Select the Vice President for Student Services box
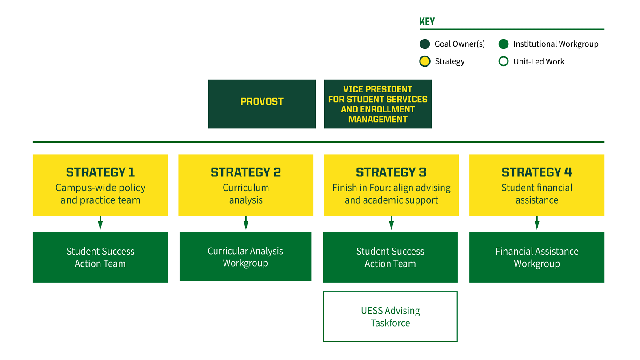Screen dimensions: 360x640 [x=378, y=104]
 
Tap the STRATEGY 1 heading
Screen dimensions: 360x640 [x=100, y=172]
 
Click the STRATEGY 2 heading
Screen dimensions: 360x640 [x=246, y=172]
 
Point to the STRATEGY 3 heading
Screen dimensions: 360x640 [x=391, y=172]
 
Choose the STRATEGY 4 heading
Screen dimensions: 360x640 [x=537, y=172]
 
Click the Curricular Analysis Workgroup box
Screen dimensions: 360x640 [x=245, y=257]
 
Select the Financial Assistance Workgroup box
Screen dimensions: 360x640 [x=537, y=257]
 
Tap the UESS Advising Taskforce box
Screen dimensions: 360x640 [x=390, y=316]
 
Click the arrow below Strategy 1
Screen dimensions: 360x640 [x=100, y=223]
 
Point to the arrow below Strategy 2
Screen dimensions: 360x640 [x=246, y=223]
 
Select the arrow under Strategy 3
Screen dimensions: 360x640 [x=391, y=223]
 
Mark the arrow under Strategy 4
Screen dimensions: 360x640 [x=537, y=223]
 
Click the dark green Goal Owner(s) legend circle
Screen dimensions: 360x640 [x=425, y=44]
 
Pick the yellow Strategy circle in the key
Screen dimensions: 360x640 [x=425, y=61]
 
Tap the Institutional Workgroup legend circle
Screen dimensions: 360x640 [x=503, y=44]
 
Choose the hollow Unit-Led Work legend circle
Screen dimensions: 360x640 [x=503, y=61]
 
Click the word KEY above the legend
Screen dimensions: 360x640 [x=427, y=22]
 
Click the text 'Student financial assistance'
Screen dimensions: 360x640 [x=537, y=194]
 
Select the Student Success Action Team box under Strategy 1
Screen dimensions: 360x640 [x=100, y=257]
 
